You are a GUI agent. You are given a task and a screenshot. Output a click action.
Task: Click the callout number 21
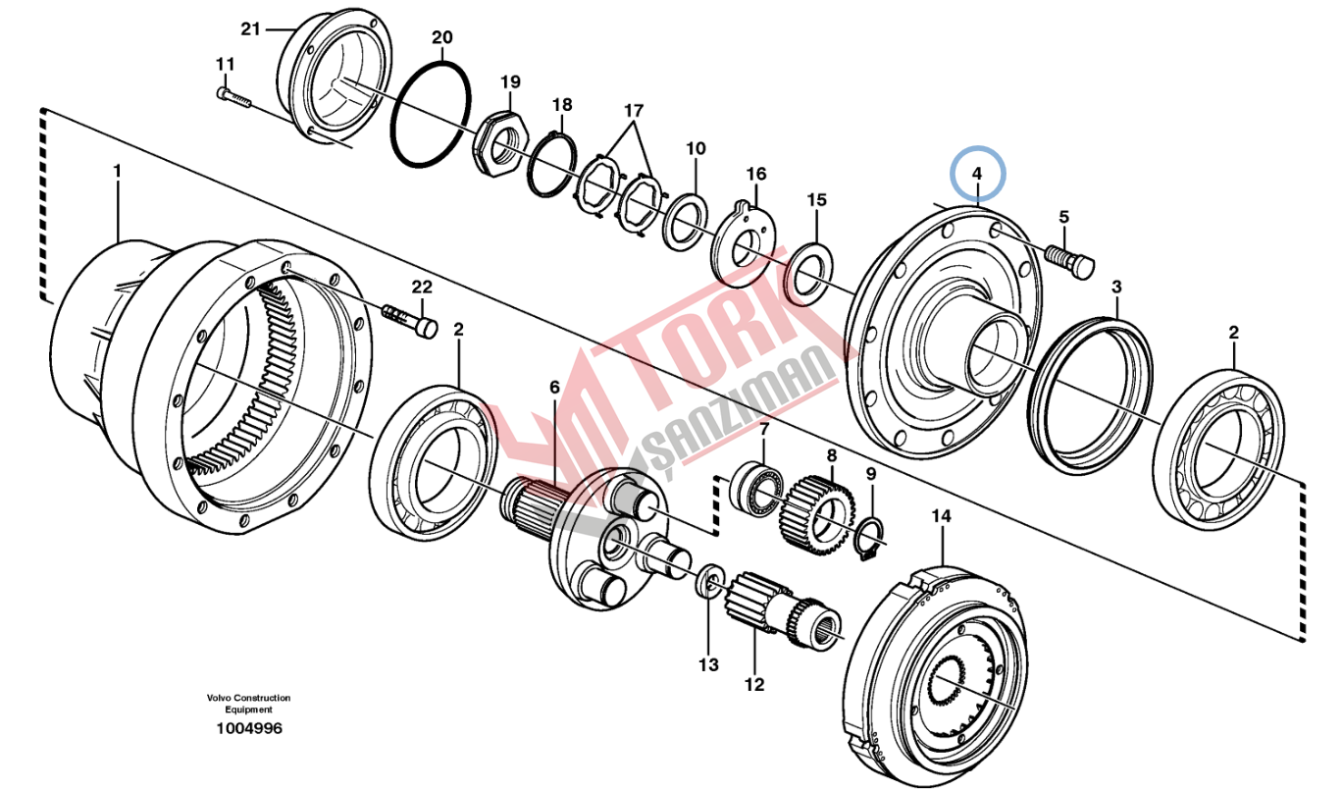tap(251, 28)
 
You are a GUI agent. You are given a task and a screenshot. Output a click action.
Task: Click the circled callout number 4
tap(976, 175)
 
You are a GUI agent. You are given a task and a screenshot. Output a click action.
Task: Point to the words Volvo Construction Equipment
tap(248, 704)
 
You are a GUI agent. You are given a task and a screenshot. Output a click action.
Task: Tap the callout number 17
tap(634, 109)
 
